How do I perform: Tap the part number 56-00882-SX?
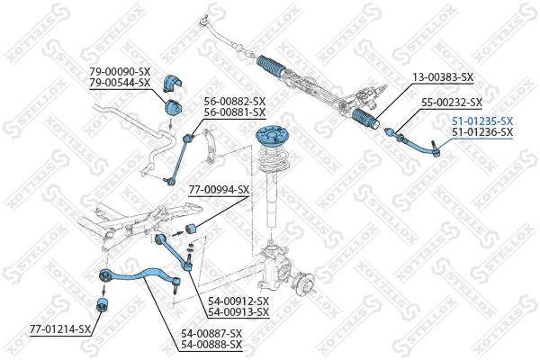235,102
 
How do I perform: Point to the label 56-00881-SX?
235,112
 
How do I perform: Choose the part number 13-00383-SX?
442,79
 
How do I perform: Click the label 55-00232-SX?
452,103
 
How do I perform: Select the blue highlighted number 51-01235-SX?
481,121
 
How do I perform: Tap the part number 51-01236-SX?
481,132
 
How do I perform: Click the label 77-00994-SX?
219,190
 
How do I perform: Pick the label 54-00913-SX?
238,312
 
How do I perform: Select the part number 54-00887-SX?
211,334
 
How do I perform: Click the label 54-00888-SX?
211,345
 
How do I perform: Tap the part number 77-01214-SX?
60,329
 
